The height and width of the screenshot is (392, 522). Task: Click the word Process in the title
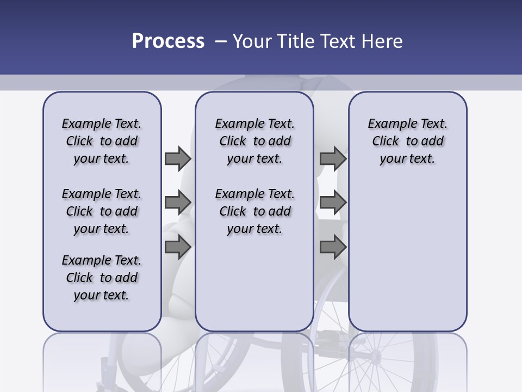click(168, 41)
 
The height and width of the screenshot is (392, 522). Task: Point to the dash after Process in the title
click(221, 41)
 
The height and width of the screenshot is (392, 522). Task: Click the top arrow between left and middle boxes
click(178, 158)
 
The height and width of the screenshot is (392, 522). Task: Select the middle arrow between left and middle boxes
click(178, 203)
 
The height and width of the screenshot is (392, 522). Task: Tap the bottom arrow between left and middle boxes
click(178, 247)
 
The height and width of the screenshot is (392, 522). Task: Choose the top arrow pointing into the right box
click(333, 158)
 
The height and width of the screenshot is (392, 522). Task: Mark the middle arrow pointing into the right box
click(333, 203)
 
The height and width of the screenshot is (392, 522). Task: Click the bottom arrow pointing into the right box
click(333, 247)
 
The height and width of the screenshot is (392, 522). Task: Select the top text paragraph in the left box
click(102, 141)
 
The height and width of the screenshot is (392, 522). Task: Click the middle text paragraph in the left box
click(102, 211)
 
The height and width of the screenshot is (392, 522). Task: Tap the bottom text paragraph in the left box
click(102, 278)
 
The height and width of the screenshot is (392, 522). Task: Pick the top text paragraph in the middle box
click(254, 141)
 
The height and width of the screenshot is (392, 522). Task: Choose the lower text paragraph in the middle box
click(254, 211)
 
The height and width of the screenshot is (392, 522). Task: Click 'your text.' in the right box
click(407, 159)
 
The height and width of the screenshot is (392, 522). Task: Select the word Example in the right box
click(388, 124)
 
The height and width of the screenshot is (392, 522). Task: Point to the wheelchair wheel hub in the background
click(375, 357)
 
